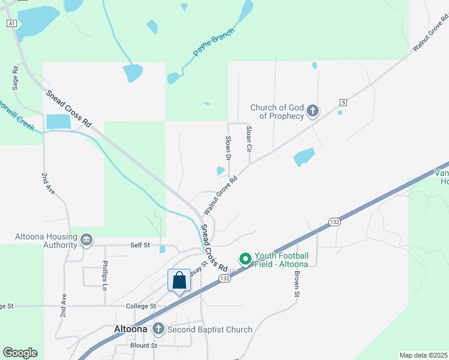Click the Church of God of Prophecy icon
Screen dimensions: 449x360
click(x=312, y=111)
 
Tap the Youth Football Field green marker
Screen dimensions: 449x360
click(x=245, y=259)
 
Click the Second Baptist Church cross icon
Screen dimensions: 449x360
click(x=158, y=329)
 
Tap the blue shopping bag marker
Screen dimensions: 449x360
click(x=179, y=280)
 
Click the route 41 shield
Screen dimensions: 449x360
click(x=11, y=23)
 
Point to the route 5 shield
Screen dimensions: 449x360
click(x=343, y=102)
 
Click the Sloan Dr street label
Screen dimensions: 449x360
click(x=228, y=148)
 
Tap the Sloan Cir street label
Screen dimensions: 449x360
click(x=249, y=138)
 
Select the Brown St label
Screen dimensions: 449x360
click(x=297, y=283)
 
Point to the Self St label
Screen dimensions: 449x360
click(x=140, y=245)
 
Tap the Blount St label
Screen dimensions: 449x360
click(x=143, y=346)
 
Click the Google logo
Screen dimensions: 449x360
click(x=20, y=353)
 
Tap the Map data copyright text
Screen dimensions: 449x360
click(x=423, y=355)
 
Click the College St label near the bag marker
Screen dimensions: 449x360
click(x=141, y=306)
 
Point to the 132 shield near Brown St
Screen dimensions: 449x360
click(x=334, y=222)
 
